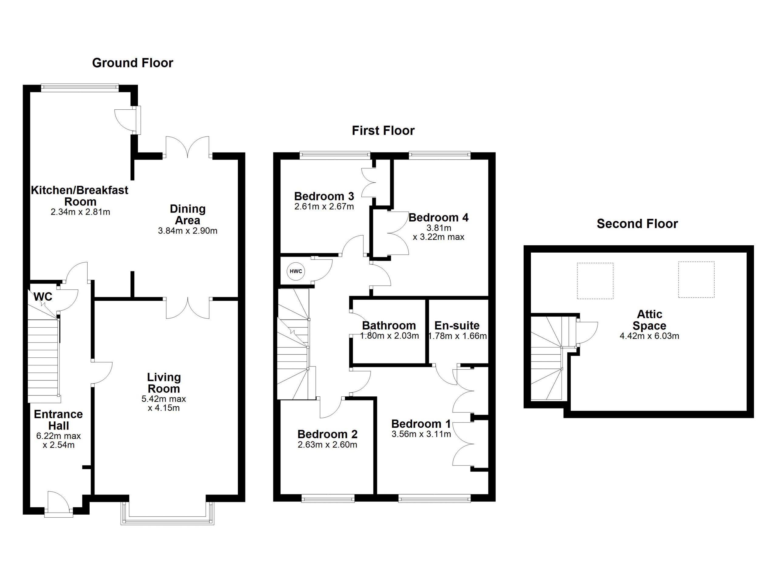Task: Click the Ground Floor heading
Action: click(133, 63)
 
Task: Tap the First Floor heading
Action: click(383, 130)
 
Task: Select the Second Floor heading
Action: click(637, 224)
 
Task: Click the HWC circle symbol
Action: click(296, 271)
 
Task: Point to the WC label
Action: click(43, 296)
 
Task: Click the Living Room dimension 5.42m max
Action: click(164, 399)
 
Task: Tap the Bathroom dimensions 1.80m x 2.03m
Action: click(389, 336)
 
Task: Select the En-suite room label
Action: click(457, 325)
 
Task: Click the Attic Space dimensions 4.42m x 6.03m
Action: click(649, 336)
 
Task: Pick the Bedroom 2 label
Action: click(327, 434)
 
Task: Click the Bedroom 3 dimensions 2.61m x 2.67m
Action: click(324, 206)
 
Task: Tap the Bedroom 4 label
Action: click(439, 217)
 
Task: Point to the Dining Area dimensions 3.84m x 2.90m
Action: click(188, 230)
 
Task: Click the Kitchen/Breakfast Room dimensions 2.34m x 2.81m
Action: click(80, 212)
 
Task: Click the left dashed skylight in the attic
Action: click(595, 281)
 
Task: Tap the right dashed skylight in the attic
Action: click(696, 280)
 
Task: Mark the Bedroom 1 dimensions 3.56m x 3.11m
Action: click(421, 434)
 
